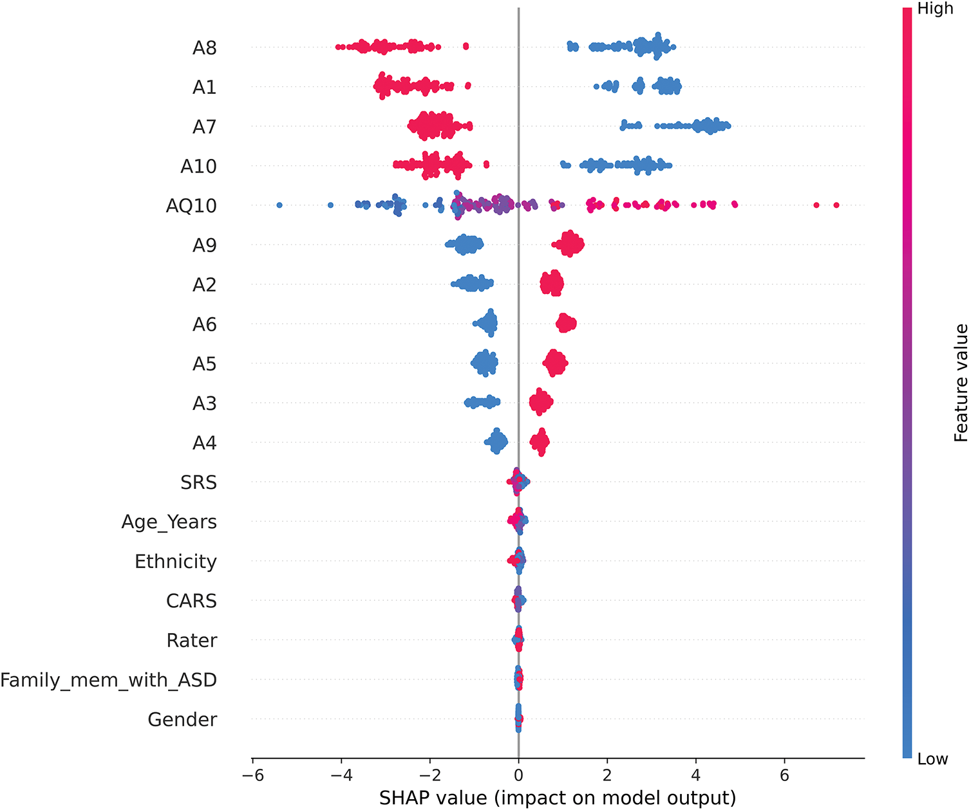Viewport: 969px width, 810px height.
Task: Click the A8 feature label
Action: coord(204,48)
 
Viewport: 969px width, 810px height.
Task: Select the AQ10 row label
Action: coord(191,206)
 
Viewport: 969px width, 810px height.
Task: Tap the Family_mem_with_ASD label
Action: coord(108,680)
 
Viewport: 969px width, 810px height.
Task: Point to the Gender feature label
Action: coord(182,719)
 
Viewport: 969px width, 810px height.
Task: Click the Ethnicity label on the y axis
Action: coord(175,562)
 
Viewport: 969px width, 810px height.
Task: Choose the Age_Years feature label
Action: coord(169,522)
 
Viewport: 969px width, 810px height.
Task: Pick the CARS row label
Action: coord(191,601)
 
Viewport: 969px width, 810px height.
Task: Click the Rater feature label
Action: coord(191,641)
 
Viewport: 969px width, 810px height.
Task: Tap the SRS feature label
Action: coord(198,483)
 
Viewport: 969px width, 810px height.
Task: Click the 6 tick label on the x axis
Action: coord(784,776)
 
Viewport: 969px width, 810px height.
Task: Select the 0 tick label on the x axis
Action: coord(518,776)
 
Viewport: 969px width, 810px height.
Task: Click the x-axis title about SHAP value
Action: coord(557,798)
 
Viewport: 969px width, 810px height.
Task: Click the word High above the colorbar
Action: coord(935,9)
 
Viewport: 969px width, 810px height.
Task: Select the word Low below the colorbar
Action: coord(932,759)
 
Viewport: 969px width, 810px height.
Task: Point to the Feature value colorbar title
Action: coord(960,383)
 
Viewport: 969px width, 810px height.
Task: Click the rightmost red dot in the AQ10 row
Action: coord(836,205)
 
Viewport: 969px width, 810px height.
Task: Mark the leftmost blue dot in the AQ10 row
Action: coord(279,205)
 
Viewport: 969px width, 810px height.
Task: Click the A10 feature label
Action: coord(198,167)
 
